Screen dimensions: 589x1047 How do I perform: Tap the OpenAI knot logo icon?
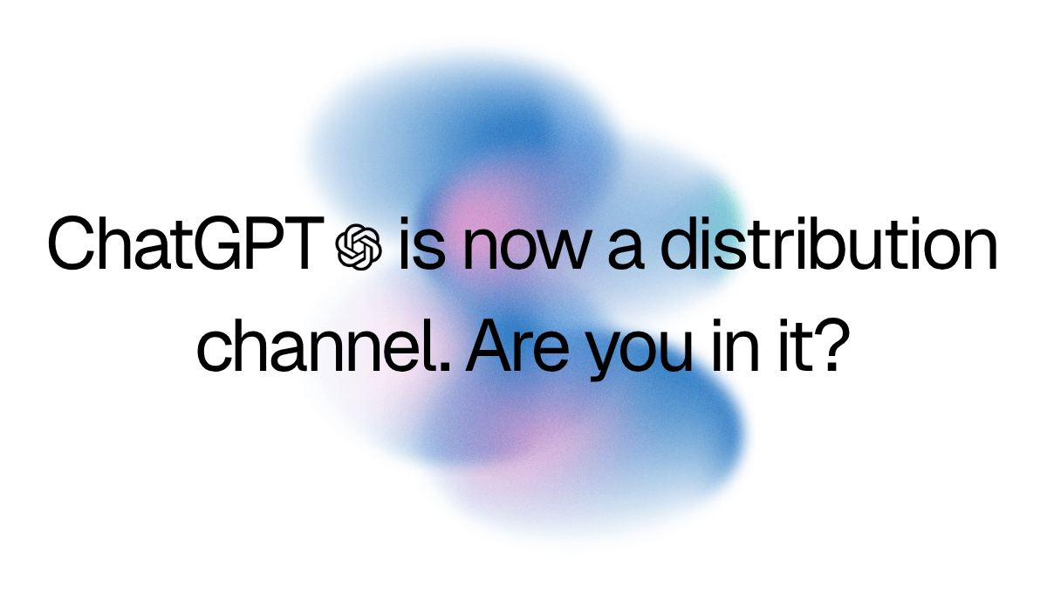point(359,246)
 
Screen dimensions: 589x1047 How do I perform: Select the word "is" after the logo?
point(415,244)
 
